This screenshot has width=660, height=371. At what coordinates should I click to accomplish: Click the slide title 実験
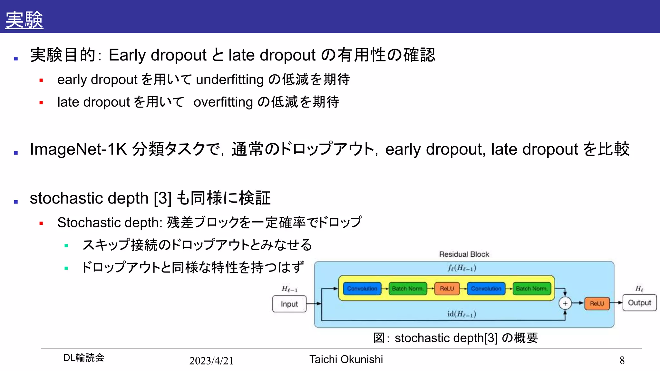(24, 20)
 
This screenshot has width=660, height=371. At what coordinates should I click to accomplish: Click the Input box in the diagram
(289, 304)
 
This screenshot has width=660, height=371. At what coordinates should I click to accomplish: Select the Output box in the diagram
(639, 303)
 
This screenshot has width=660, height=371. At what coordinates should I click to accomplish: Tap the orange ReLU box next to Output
(597, 303)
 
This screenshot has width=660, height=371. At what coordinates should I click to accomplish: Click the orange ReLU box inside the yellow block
(447, 289)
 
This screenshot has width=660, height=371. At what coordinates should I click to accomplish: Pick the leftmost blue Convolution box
(362, 289)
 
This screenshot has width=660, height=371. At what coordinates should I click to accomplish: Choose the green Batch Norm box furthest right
(531, 289)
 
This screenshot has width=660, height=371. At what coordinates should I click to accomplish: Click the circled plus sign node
(565, 303)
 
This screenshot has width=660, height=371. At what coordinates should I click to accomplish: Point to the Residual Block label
(464, 254)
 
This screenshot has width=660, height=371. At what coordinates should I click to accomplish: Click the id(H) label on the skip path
(461, 314)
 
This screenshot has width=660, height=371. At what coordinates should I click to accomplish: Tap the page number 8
(622, 360)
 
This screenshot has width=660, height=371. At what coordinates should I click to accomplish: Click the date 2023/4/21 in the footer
(211, 361)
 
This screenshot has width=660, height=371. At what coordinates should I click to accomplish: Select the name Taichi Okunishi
(346, 359)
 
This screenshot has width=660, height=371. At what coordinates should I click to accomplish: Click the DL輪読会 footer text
(84, 357)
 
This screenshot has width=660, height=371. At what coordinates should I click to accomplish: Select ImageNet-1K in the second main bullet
(78, 149)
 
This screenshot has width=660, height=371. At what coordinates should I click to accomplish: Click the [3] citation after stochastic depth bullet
(163, 198)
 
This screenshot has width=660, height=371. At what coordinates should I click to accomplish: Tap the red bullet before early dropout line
(41, 80)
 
